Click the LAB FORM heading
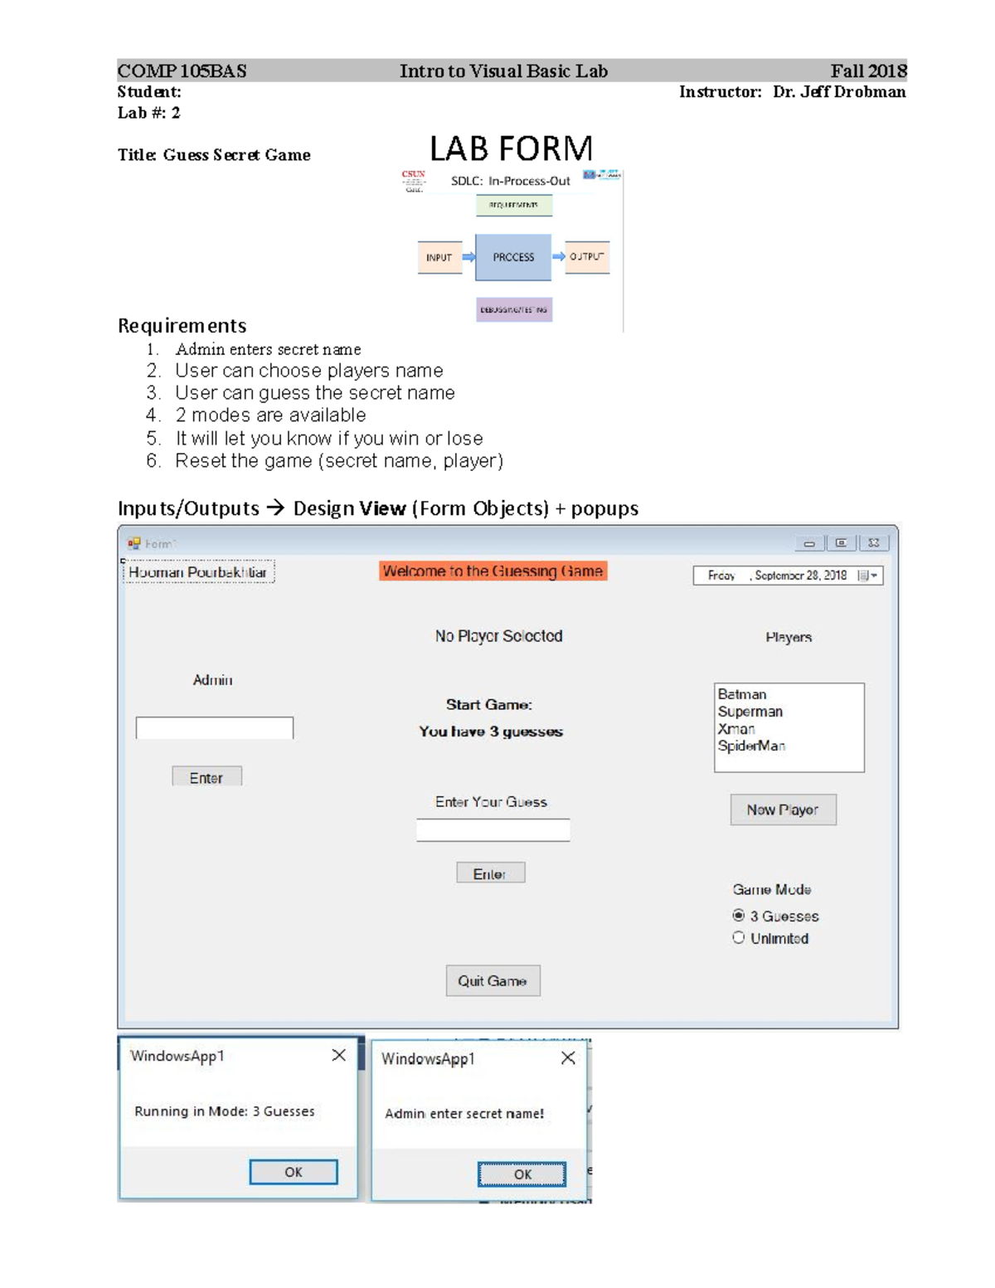tap(511, 149)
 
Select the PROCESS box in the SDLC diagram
tap(513, 257)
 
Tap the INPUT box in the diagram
tap(439, 257)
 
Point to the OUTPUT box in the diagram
tap(587, 257)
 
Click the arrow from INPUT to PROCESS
tap(468, 257)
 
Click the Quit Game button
tap(493, 980)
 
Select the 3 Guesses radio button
tap(739, 916)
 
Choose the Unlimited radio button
tap(739, 938)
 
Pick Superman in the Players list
tap(750, 712)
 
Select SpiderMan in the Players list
tap(751, 746)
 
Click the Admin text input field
tap(214, 728)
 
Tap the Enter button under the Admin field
tap(206, 777)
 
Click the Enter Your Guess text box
tap(493, 830)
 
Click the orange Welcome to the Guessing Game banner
tap(493, 571)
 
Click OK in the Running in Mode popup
tap(293, 1172)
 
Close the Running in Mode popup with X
tap(338, 1055)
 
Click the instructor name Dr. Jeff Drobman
tap(839, 92)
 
